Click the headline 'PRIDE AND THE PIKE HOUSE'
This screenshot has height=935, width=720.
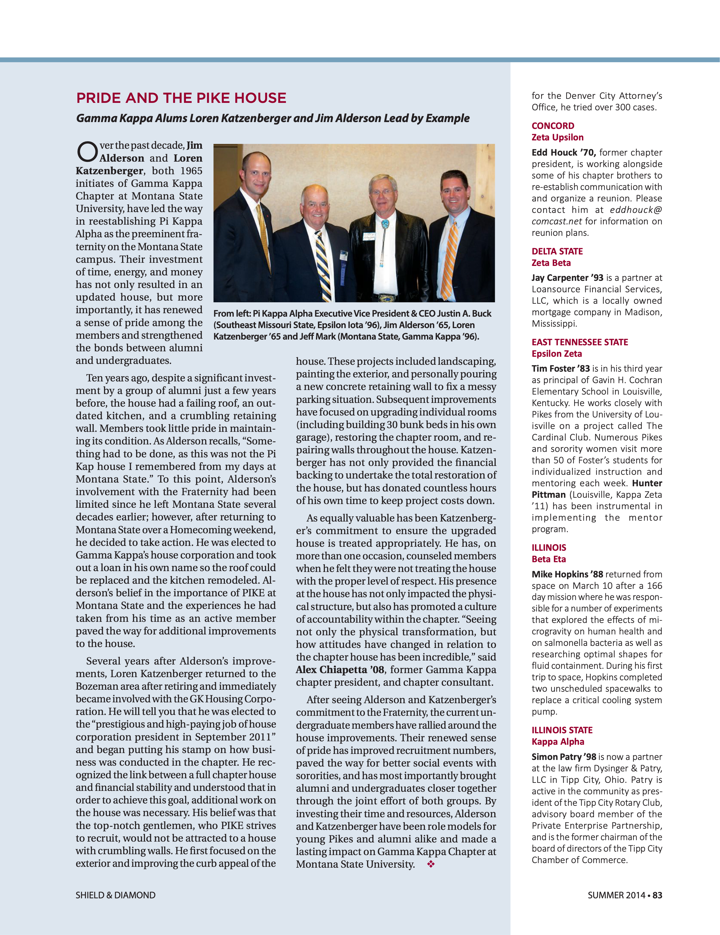point(181,98)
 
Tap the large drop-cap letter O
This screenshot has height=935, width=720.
point(87,152)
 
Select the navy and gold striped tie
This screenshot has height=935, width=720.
point(323,265)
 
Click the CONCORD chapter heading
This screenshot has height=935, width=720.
point(553,126)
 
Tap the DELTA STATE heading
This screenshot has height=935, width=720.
point(557,251)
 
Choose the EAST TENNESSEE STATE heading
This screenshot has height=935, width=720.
point(580,342)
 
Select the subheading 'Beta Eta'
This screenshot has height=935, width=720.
point(548,559)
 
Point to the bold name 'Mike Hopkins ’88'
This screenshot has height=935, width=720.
point(567,575)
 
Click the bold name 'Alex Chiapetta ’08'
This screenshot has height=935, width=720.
point(340,670)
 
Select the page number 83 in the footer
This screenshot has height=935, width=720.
point(657,895)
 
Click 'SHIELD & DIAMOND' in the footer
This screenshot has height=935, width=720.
point(115,895)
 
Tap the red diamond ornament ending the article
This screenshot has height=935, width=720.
point(431,864)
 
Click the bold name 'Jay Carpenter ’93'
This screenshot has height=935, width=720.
point(567,278)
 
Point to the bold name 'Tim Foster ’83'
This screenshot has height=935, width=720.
point(560,368)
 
